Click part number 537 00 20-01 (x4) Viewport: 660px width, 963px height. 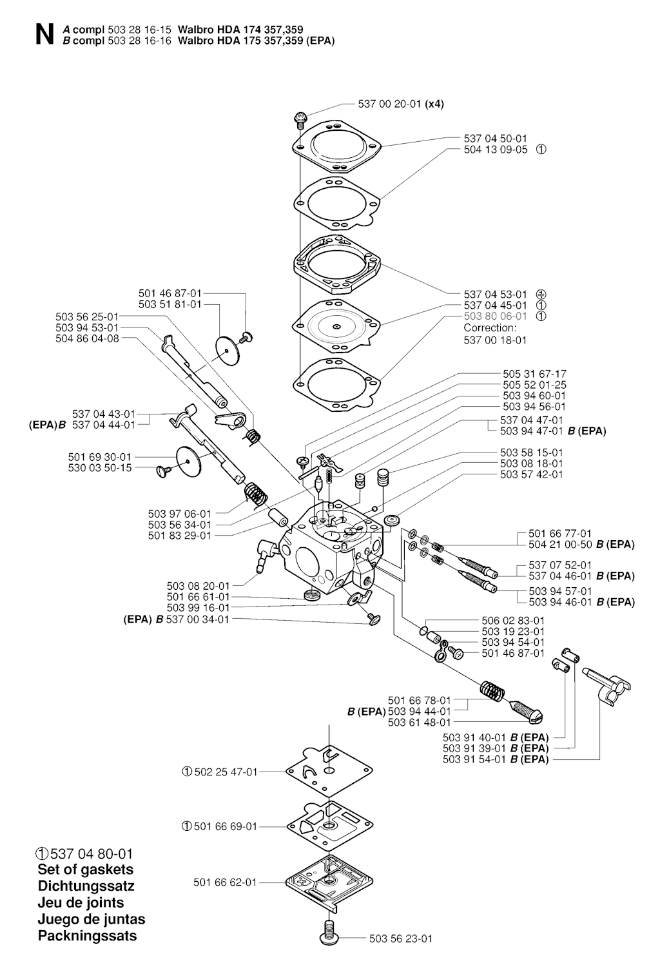click(x=400, y=104)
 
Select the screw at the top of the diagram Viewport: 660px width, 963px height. click(x=300, y=118)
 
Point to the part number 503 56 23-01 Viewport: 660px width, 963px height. click(x=401, y=939)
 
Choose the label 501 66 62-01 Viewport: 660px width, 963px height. click(x=225, y=882)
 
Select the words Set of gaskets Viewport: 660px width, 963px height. click(x=85, y=870)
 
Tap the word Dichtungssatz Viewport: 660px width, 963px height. click(x=86, y=886)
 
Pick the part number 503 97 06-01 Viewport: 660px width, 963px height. click(x=179, y=514)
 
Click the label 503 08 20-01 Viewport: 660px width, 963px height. click(x=198, y=586)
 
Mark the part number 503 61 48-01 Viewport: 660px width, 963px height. click(x=419, y=722)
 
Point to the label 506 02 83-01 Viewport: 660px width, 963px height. click(x=513, y=620)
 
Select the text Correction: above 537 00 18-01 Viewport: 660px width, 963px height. click(x=490, y=327)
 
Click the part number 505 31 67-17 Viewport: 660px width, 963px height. click(x=534, y=374)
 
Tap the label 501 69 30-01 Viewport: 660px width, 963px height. click(x=99, y=457)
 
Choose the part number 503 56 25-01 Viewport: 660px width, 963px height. click(x=87, y=316)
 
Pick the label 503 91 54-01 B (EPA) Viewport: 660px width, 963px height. click(x=496, y=759)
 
